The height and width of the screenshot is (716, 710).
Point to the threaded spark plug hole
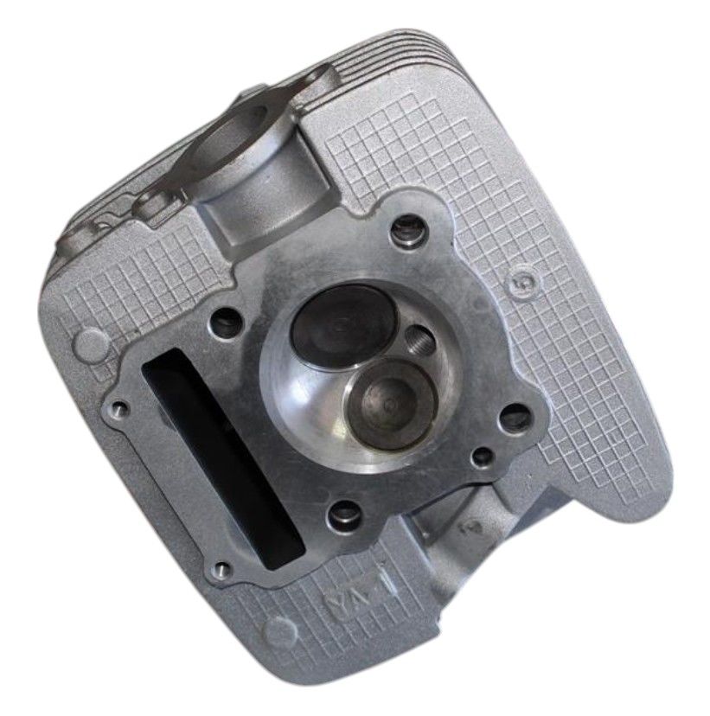pos(419,341)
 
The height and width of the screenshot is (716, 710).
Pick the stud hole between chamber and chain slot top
pos(227,320)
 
